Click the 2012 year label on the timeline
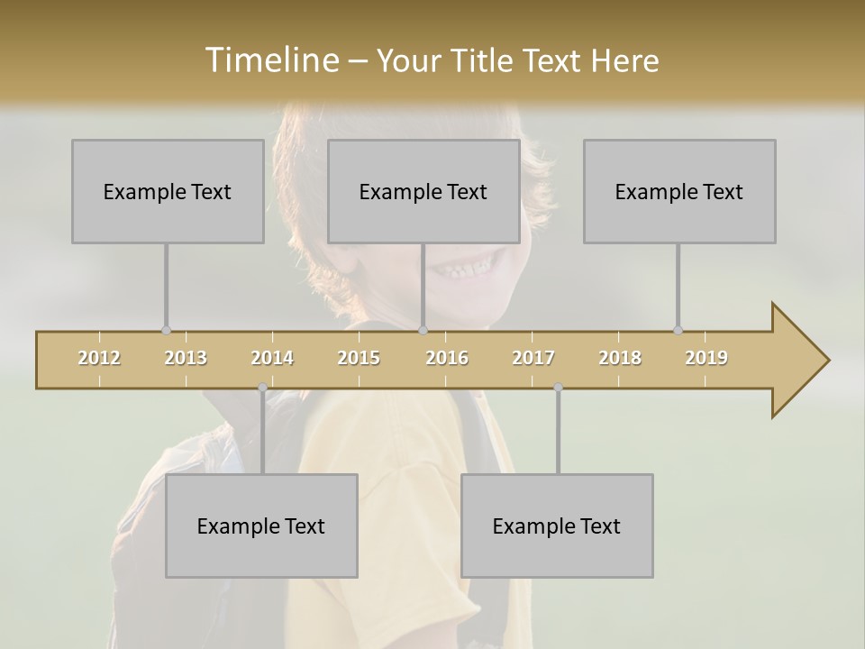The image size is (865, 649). click(99, 358)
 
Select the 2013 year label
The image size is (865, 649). click(186, 358)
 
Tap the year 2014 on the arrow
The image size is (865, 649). click(272, 358)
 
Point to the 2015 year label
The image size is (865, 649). click(359, 358)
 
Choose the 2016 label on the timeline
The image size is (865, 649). click(447, 358)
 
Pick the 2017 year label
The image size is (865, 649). click(533, 358)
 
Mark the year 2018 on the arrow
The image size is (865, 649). click(620, 358)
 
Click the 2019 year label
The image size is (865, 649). click(706, 358)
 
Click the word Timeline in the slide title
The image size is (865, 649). click(270, 60)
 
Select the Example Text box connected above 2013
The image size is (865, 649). click(168, 191)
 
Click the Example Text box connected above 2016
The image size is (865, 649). click(423, 191)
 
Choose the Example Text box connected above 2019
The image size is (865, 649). click(679, 191)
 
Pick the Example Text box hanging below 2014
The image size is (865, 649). click(261, 526)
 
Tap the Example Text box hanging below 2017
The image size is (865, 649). click(557, 526)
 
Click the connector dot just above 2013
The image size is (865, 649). click(166, 330)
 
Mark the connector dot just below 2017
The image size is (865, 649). click(558, 388)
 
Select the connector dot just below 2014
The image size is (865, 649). click(262, 388)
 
